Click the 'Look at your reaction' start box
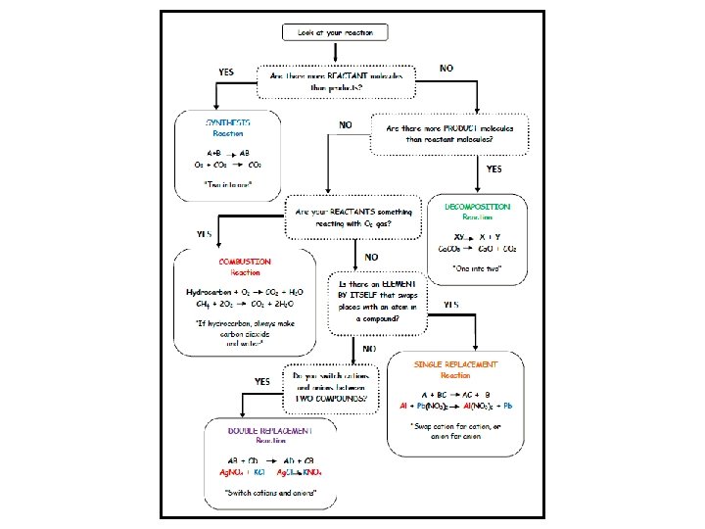click(336, 32)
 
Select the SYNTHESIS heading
click(227, 122)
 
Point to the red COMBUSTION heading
click(245, 262)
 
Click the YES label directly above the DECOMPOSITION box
click(493, 168)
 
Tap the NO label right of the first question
click(446, 69)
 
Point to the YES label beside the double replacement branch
click(262, 381)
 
